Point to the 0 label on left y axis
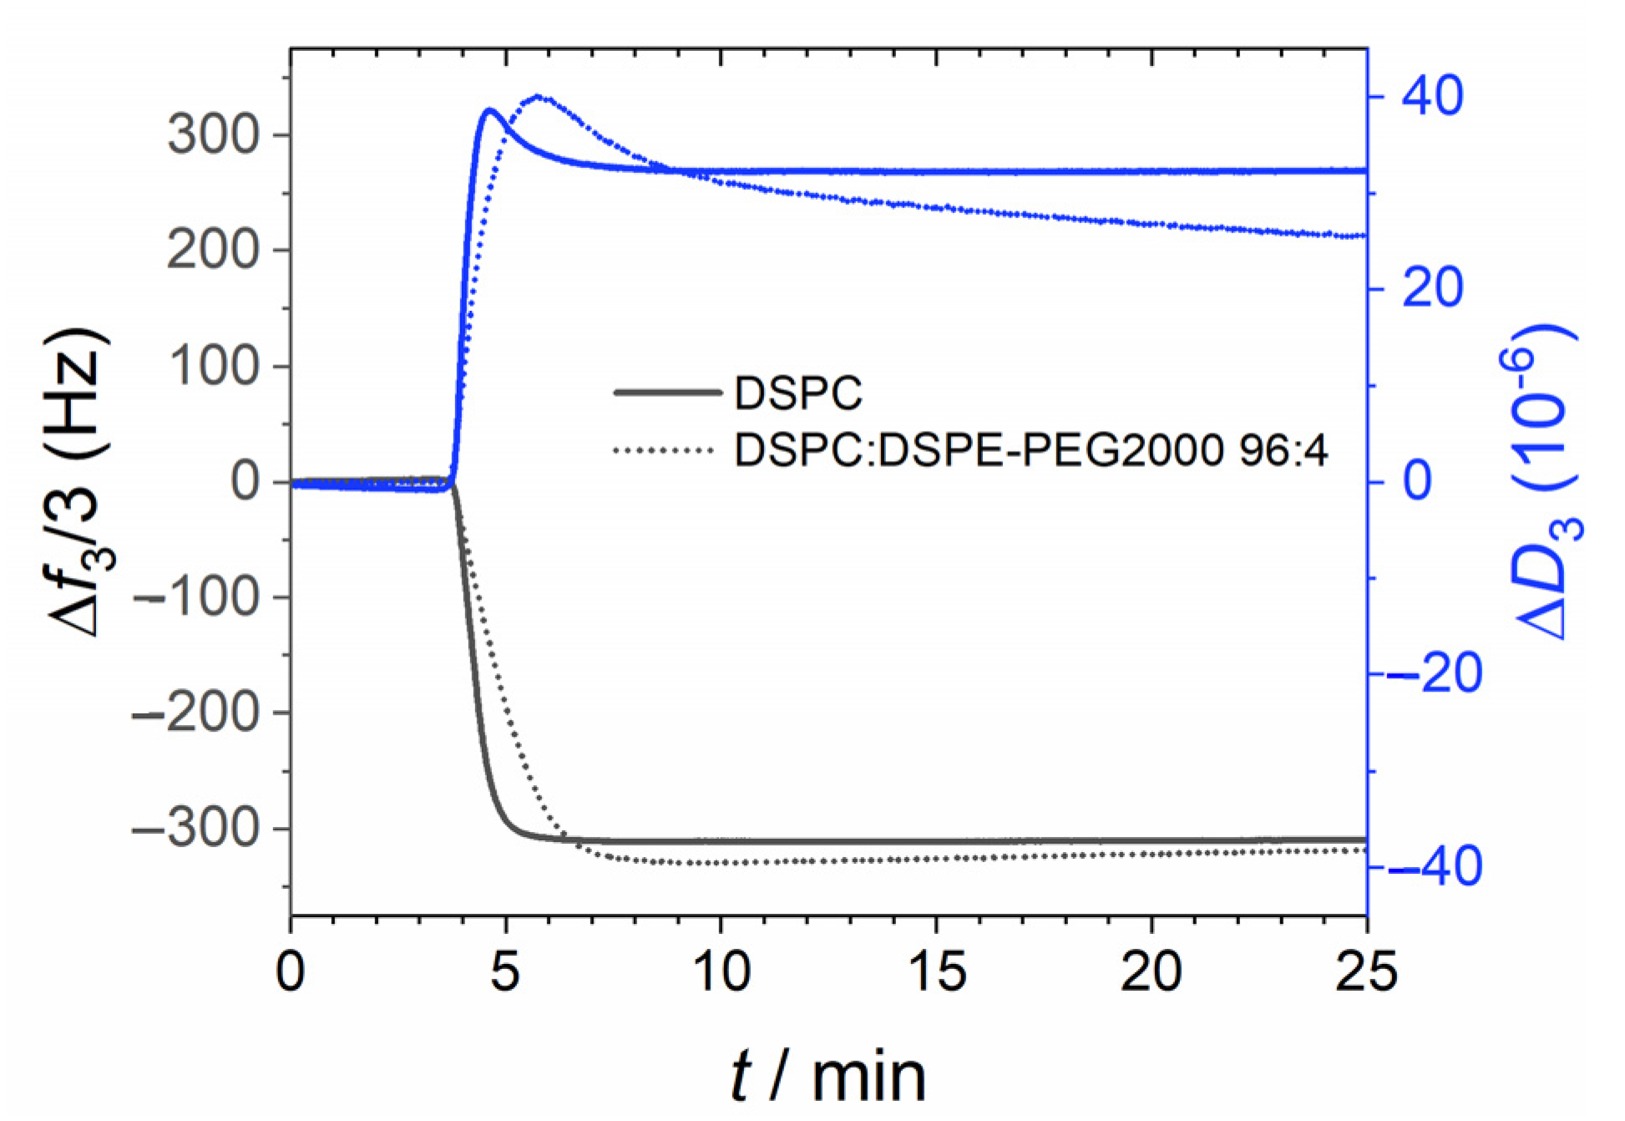click(246, 481)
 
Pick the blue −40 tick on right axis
click(1435, 868)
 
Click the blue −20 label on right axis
click(1435, 675)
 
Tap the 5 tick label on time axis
click(504, 972)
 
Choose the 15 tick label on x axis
click(936, 972)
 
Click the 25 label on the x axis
click(1366, 972)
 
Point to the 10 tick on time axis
click(721, 972)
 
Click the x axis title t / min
click(828, 1076)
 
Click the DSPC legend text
click(797, 393)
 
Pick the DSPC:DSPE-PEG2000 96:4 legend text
click(1030, 451)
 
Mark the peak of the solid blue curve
click(489, 110)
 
